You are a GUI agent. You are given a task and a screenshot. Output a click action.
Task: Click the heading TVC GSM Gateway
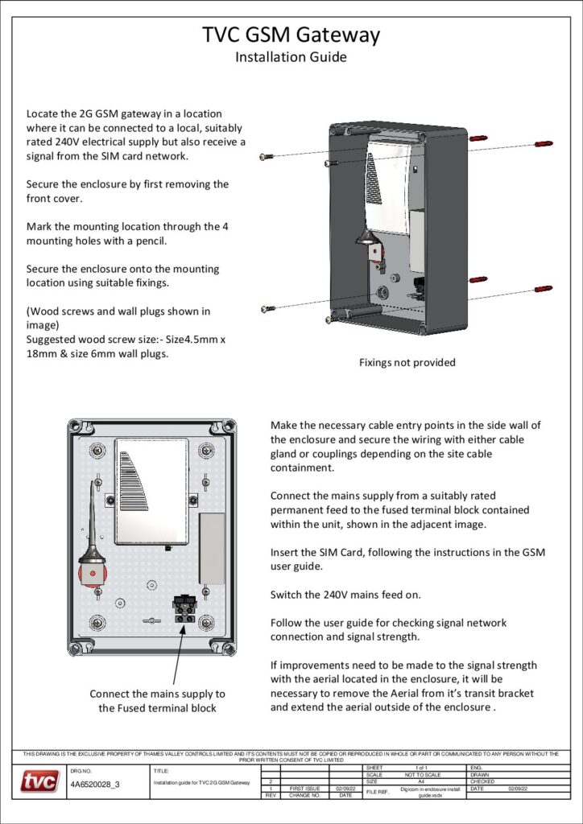(291, 35)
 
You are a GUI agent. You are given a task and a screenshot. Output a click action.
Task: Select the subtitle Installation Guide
(291, 57)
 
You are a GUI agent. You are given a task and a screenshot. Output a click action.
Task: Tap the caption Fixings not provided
(407, 362)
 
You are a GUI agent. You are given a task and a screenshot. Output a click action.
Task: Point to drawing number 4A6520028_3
(95, 783)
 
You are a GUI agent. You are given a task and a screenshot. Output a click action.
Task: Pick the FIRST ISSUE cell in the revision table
(305, 788)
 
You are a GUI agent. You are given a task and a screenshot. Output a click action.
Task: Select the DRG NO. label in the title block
(81, 770)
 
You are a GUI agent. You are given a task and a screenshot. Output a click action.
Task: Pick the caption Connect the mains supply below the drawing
(157, 694)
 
